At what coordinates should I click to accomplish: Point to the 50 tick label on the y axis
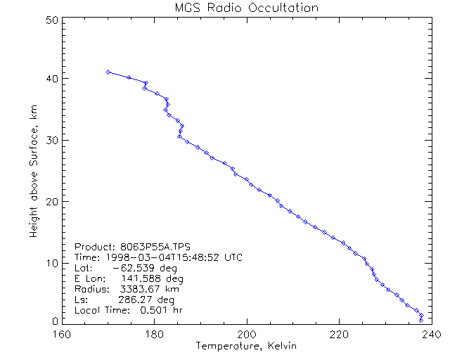(51, 20)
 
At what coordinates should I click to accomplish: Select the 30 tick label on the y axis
(51, 140)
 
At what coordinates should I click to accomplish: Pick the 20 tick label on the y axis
(51, 201)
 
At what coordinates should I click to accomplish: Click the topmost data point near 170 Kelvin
(108, 72)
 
